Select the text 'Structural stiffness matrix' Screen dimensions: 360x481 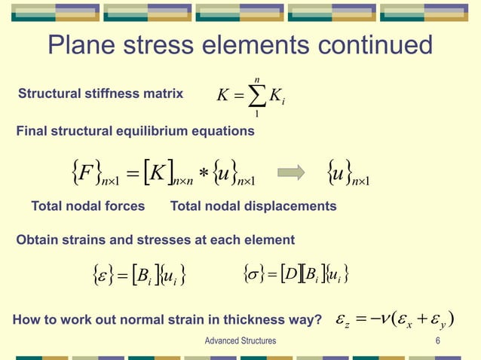tap(100, 94)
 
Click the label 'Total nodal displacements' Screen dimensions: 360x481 tap(253, 206)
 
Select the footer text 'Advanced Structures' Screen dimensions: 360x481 tap(240, 341)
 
